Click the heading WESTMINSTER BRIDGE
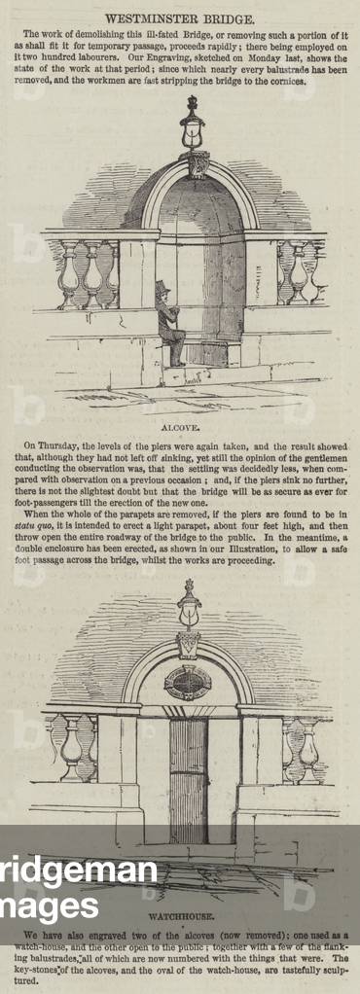point(180,18)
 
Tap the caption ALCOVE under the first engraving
point(180,426)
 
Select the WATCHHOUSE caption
point(180,916)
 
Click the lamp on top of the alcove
point(192,124)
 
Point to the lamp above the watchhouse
point(189,605)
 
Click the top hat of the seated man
point(162,289)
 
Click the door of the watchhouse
point(188,778)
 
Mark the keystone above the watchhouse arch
point(188,644)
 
